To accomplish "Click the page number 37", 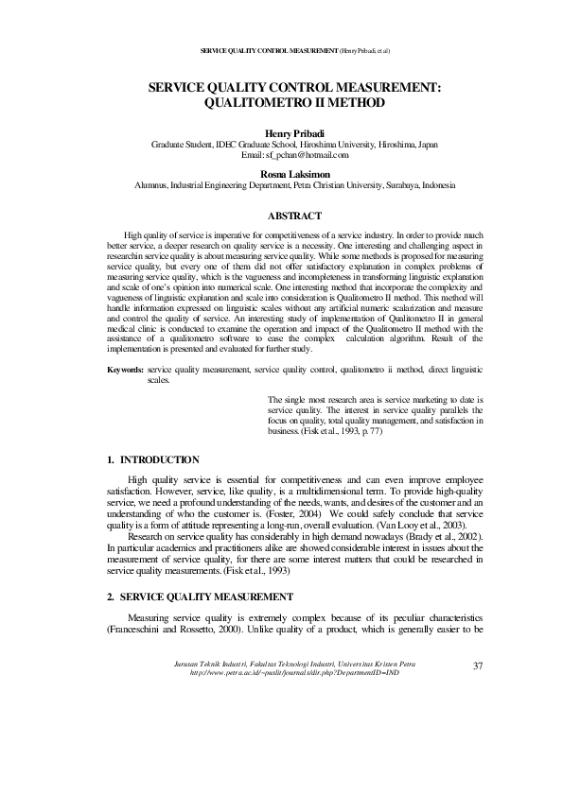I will pos(477,666).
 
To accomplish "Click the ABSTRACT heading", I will pos(295,216).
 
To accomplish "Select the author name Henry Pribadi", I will pos(295,133).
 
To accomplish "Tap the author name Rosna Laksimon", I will pos(295,175).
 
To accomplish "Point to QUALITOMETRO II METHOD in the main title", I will pos(295,101).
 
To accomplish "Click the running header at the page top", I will pos(295,49).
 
